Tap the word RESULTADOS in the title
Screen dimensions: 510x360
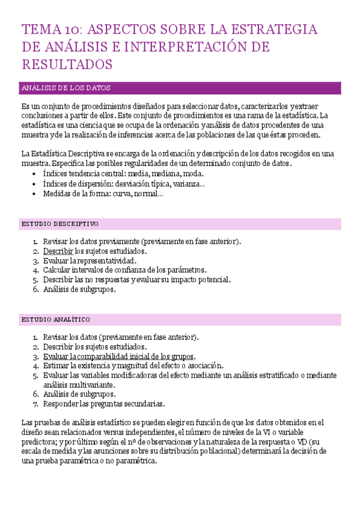[x=67, y=64]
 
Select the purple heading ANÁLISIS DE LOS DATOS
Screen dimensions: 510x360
[x=66, y=88]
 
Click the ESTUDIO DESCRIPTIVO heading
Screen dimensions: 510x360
[x=59, y=224]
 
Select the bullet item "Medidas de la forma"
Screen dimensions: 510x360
[x=103, y=193]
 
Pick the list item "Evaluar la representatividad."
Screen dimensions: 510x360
[x=90, y=260]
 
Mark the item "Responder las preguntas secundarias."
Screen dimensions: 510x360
[x=104, y=404]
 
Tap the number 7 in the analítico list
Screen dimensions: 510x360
[x=35, y=404]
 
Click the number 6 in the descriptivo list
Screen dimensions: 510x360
[x=35, y=289]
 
